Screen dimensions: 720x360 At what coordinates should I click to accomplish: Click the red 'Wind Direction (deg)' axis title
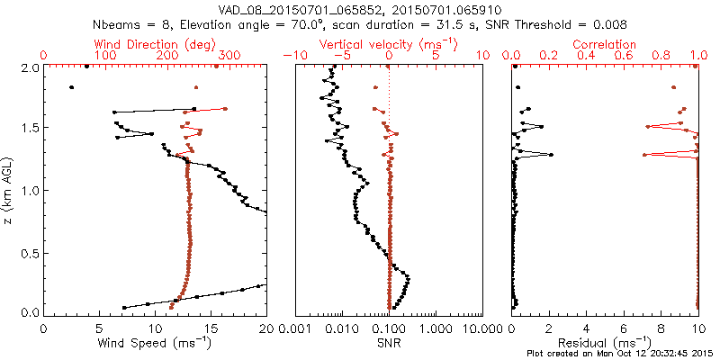tap(154, 44)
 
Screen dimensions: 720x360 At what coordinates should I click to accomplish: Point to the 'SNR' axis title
tap(389, 343)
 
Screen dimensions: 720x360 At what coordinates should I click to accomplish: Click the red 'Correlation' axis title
tap(604, 44)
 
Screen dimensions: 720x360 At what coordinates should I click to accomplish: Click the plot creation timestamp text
tap(622, 354)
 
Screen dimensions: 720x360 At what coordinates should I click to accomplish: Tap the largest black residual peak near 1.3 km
tap(551, 155)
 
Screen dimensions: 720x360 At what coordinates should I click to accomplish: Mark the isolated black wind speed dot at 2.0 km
tap(86, 66)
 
